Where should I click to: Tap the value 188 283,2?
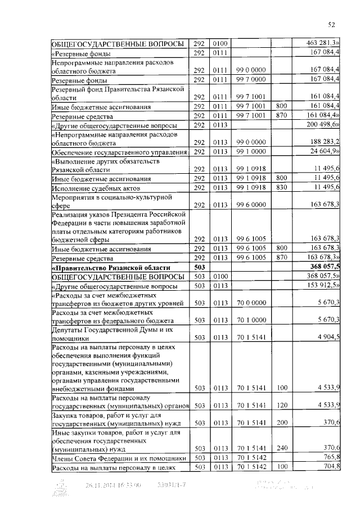pyautogui.click(x=325, y=142)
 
